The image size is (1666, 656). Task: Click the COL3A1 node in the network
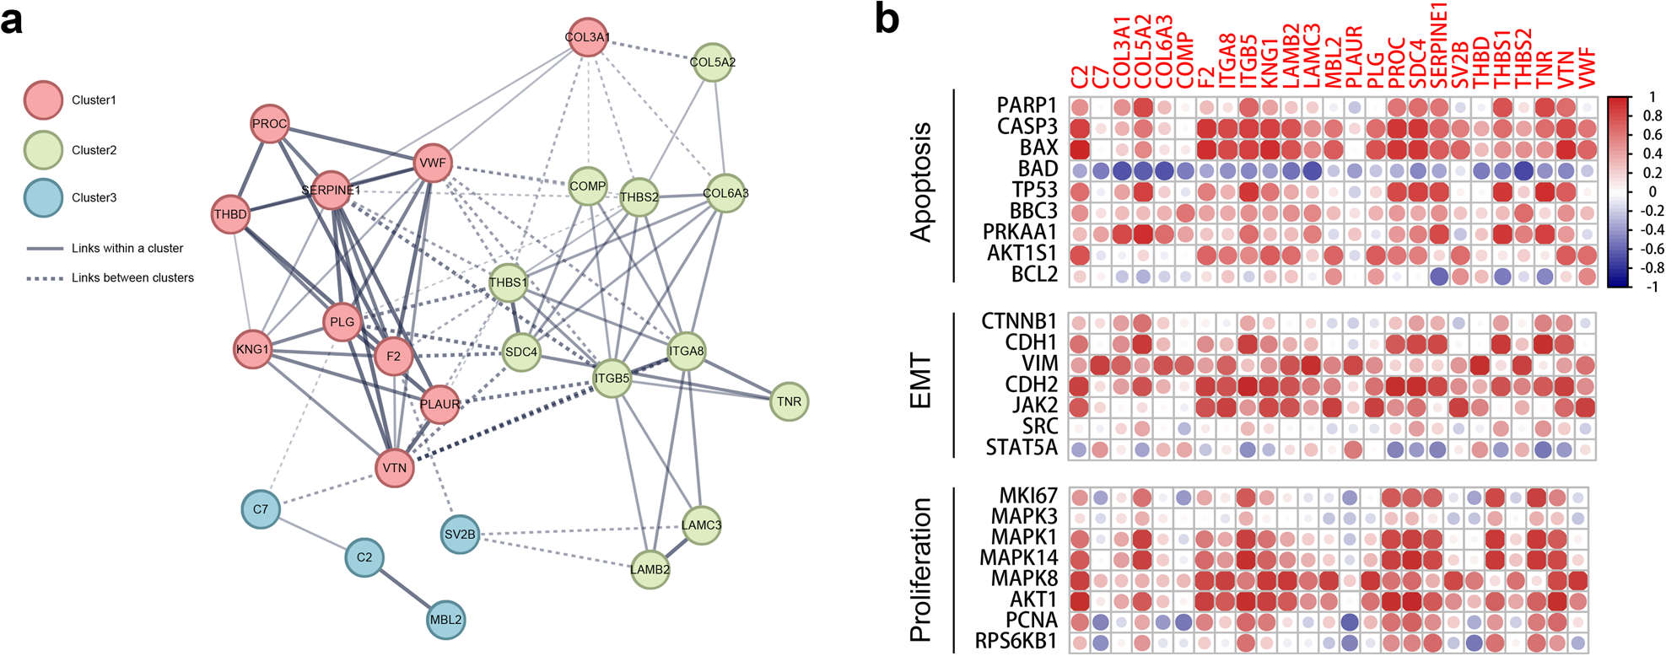coord(587,38)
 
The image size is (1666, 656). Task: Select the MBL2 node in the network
coord(445,620)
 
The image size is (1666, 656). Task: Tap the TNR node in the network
coord(789,401)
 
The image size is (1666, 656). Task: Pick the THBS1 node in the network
coord(508,283)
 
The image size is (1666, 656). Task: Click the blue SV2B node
coord(460,534)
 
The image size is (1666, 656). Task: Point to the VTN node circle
coord(394,467)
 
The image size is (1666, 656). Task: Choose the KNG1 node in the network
coord(252,349)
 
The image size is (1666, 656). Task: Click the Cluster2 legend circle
coord(42,150)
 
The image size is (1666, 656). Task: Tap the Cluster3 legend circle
coord(42,198)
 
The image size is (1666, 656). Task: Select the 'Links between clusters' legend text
coord(132,277)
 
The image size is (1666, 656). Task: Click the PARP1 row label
coord(1027,105)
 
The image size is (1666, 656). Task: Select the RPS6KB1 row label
coord(1016,642)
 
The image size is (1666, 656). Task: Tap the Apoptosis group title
coord(921,183)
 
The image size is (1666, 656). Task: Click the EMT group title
coord(921,383)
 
